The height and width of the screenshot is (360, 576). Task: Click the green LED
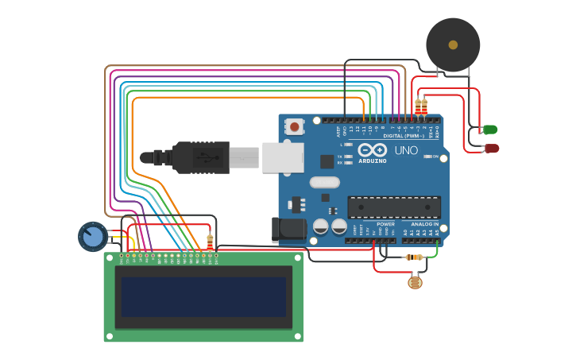point(490,130)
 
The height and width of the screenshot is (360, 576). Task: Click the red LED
point(492,149)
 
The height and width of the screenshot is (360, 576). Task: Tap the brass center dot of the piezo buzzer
point(453,45)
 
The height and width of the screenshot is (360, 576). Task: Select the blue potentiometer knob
point(93,236)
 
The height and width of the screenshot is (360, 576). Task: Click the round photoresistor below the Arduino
point(415,281)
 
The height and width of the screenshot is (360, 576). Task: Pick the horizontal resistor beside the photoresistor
point(414,257)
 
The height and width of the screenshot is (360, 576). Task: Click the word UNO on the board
point(406,150)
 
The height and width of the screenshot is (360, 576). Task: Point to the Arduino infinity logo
point(372,149)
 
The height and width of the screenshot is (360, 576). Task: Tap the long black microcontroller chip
point(394,207)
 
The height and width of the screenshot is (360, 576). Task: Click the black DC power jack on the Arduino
point(288,230)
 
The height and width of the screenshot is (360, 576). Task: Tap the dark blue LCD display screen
point(203,296)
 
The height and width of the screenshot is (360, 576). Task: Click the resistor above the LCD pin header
point(210,242)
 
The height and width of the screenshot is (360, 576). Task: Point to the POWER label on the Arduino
point(386,224)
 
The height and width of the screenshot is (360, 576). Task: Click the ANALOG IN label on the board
point(425,224)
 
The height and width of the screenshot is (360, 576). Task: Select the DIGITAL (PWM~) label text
point(404,136)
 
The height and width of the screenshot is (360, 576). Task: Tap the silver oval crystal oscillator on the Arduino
point(325,182)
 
